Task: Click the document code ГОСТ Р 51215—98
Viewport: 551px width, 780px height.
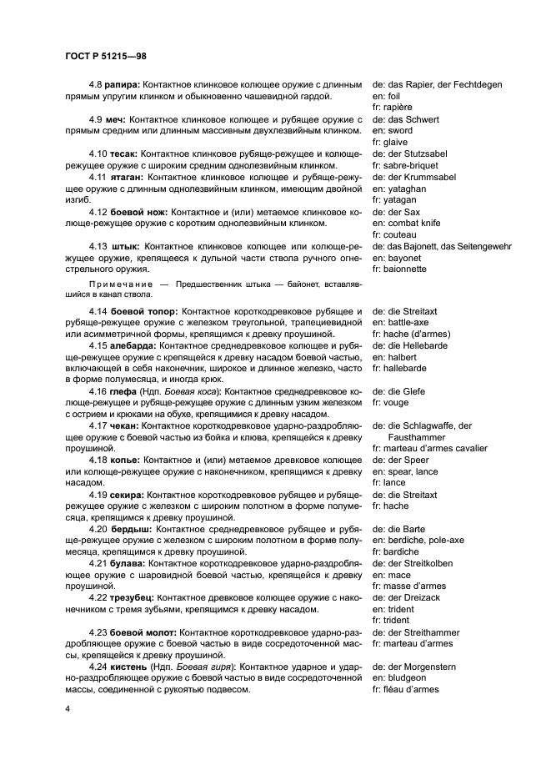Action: [104, 56]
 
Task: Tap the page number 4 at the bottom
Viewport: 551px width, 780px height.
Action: [66, 708]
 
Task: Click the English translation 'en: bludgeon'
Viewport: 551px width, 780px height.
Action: [404, 678]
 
